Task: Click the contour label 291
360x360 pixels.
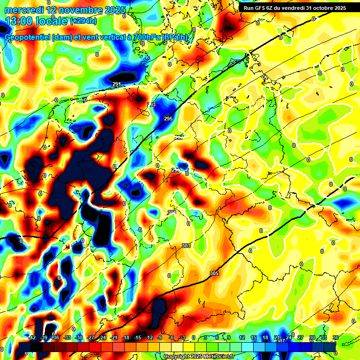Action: pos(117,84)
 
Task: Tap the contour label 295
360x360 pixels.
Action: pos(168,119)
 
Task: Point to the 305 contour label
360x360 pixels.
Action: pos(214,273)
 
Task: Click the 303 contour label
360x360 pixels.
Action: pos(186,246)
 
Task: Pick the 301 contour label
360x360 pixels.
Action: pos(172,213)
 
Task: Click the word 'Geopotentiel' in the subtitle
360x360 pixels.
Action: pos(28,37)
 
